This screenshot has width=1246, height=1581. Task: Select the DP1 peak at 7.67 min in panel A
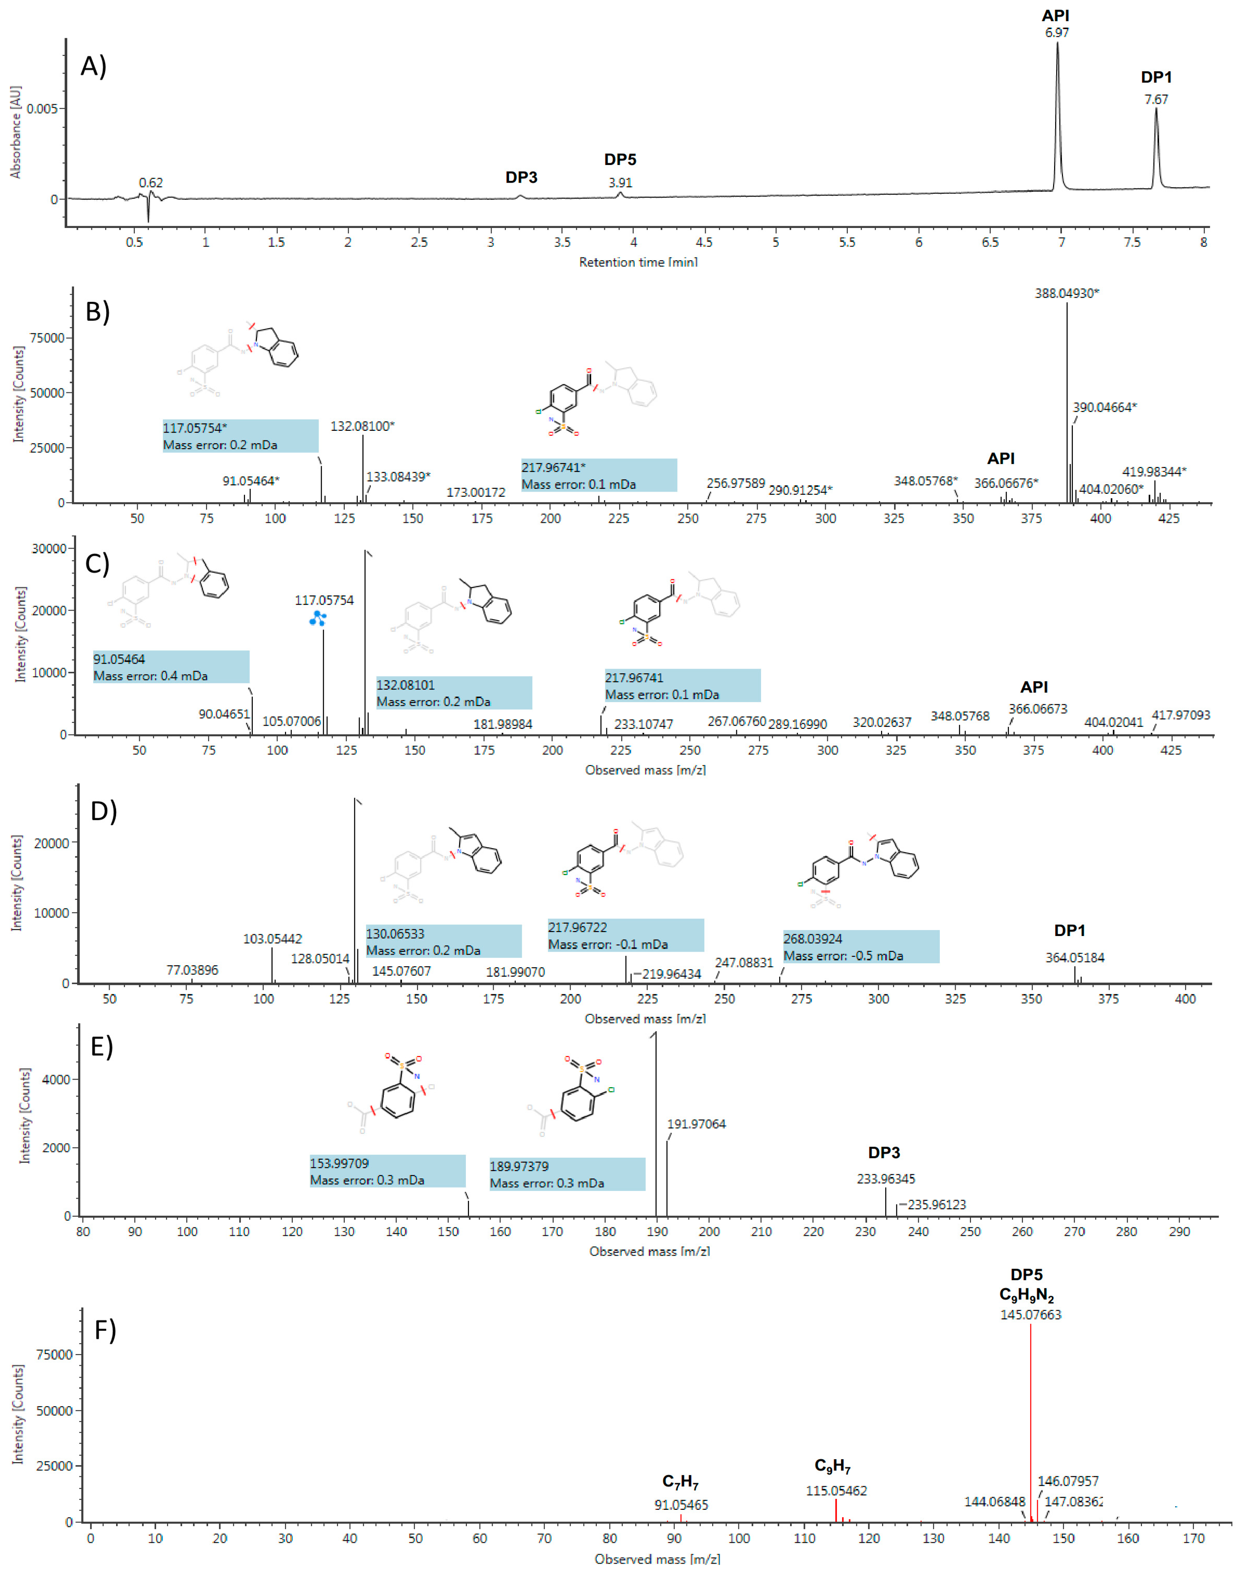coord(1155,146)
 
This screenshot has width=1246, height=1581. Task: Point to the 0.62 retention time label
coord(151,182)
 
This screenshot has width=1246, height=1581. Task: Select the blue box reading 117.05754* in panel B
coord(240,435)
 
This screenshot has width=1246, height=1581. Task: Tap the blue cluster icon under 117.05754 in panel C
coord(317,619)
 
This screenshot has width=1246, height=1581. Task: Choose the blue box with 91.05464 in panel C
coord(171,667)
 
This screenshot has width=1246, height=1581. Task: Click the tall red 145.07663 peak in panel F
coord(1030,1423)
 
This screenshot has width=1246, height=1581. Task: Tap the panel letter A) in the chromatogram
coord(93,67)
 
